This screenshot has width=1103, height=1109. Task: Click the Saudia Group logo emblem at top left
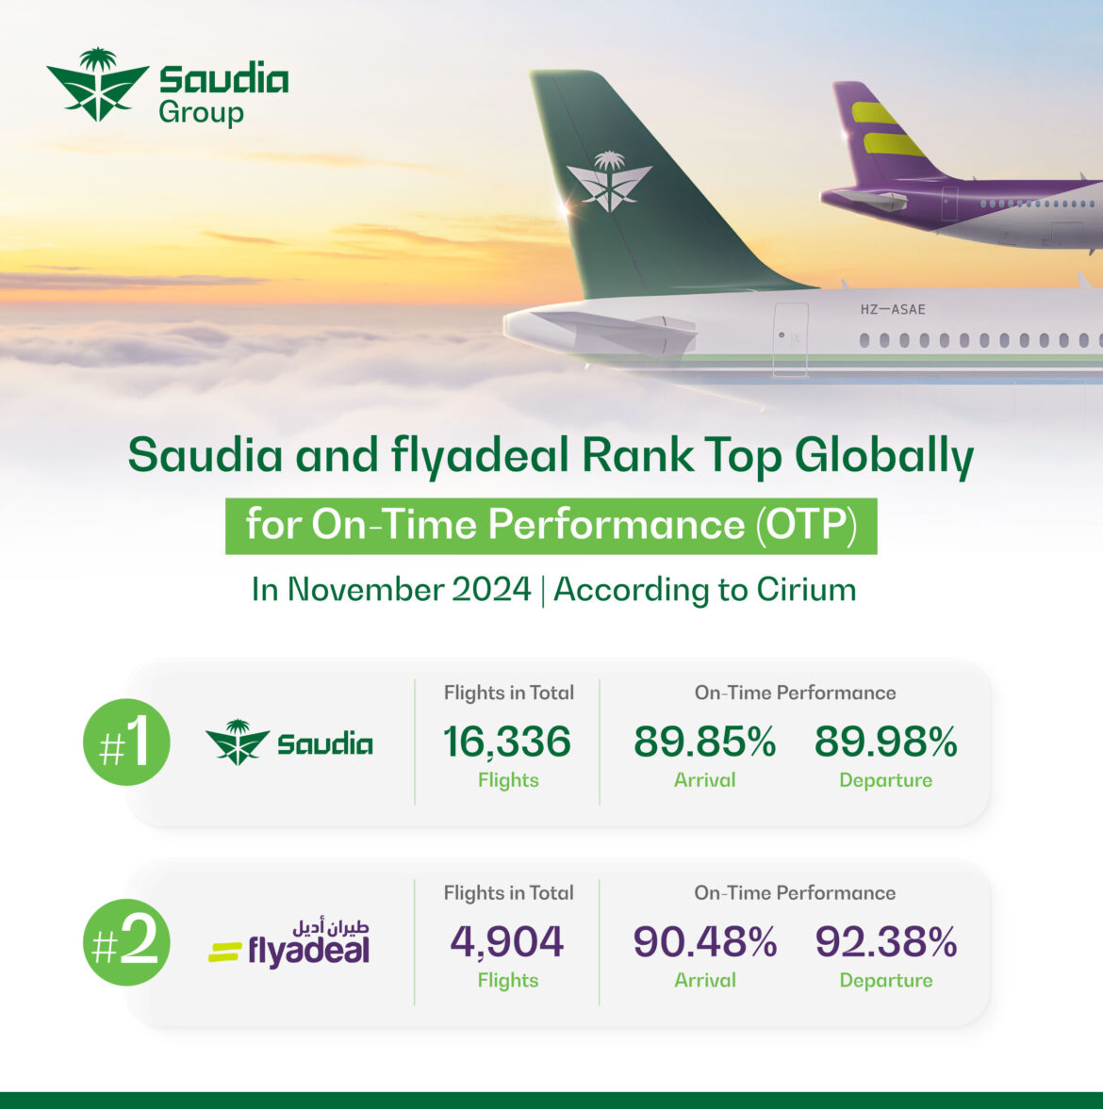click(x=97, y=85)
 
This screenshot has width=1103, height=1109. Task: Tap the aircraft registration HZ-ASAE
click(x=892, y=309)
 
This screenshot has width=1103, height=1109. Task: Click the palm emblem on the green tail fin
click(x=609, y=180)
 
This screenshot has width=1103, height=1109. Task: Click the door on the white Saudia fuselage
click(x=790, y=339)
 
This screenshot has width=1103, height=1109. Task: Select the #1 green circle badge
click(x=126, y=742)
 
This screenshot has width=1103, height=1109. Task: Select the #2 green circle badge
click(x=126, y=942)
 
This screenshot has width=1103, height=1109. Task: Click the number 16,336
click(x=507, y=742)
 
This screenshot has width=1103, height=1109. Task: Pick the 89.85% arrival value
click(x=704, y=742)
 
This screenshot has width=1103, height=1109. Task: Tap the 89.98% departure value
click(x=885, y=742)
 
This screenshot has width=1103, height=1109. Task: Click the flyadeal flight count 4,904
click(x=507, y=942)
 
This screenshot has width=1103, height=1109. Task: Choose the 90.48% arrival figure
click(x=704, y=942)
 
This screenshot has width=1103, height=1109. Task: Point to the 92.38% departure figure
click(x=885, y=942)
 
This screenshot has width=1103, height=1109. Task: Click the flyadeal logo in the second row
click(x=290, y=944)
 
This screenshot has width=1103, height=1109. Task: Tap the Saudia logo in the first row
click(x=289, y=742)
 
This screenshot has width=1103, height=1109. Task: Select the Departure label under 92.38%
click(x=885, y=981)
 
